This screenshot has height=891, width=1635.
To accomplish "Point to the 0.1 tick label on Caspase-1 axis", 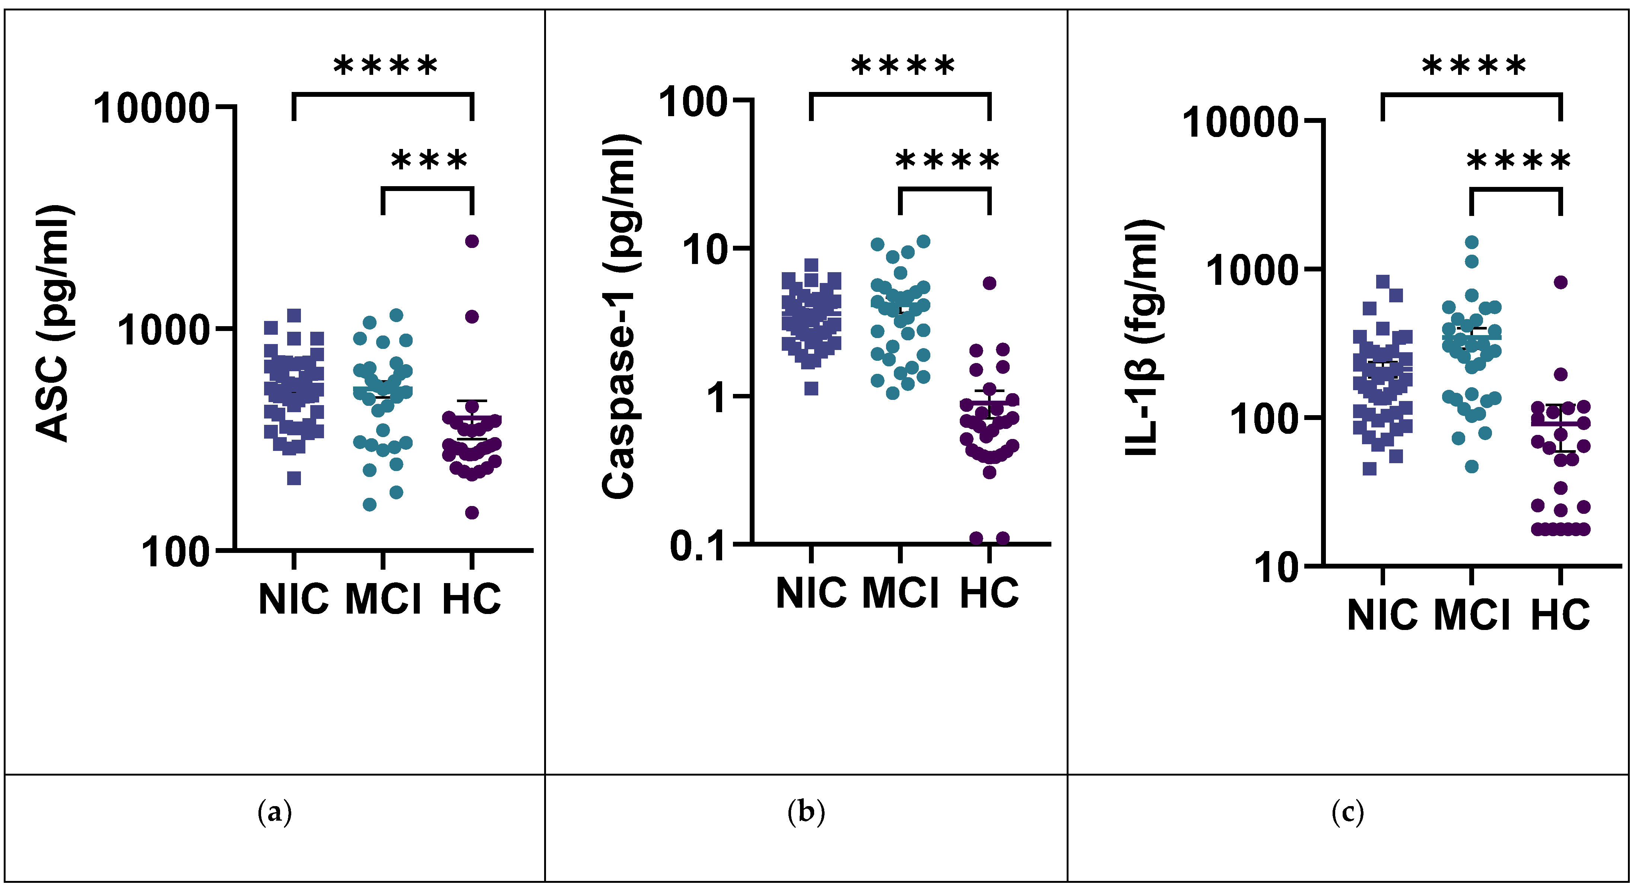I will [x=698, y=546].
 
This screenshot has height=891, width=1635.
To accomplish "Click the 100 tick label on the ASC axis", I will [x=175, y=552].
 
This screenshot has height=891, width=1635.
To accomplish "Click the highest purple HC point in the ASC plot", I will [x=472, y=241].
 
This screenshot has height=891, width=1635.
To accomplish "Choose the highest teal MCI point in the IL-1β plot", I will [x=1471, y=242].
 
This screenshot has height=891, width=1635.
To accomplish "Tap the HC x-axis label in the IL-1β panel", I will [x=1561, y=614].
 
